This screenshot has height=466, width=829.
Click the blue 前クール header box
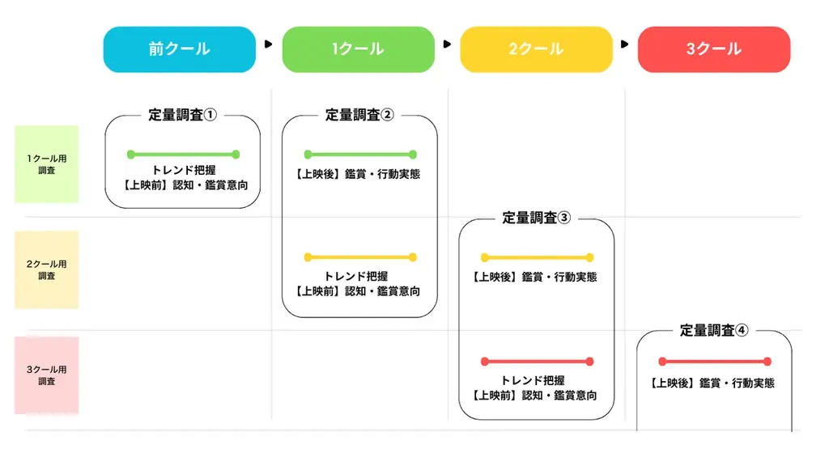pyautogui.click(x=179, y=49)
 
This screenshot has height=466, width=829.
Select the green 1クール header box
pyautogui.click(x=358, y=49)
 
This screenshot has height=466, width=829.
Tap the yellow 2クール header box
pyautogui.click(x=536, y=49)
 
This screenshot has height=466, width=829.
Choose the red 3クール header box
pyautogui.click(x=713, y=49)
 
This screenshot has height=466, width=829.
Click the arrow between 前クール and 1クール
pyautogui.click(x=269, y=44)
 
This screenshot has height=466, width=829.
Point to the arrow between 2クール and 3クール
pyautogui.click(x=624, y=44)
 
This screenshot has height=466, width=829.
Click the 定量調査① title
pyautogui.click(x=183, y=115)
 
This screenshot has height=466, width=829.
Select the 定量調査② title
pyautogui.click(x=359, y=115)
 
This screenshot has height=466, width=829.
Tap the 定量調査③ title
pyautogui.click(x=537, y=218)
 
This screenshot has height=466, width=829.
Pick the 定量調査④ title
pyautogui.click(x=714, y=330)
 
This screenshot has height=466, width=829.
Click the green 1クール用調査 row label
pyautogui.click(x=47, y=164)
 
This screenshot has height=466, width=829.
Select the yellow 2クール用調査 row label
pyautogui.click(x=47, y=269)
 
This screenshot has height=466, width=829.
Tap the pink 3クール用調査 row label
pyautogui.click(x=47, y=375)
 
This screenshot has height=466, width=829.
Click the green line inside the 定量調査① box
pyautogui.click(x=183, y=154)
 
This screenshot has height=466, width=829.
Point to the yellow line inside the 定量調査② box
pyautogui.click(x=359, y=257)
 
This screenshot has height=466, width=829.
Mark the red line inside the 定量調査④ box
pyautogui.click(x=714, y=361)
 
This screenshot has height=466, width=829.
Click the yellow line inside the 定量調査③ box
pyautogui.click(x=537, y=257)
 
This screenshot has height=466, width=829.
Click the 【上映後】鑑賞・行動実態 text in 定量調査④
pyautogui.click(x=713, y=383)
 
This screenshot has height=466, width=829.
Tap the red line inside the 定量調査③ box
pyautogui.click(x=537, y=361)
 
